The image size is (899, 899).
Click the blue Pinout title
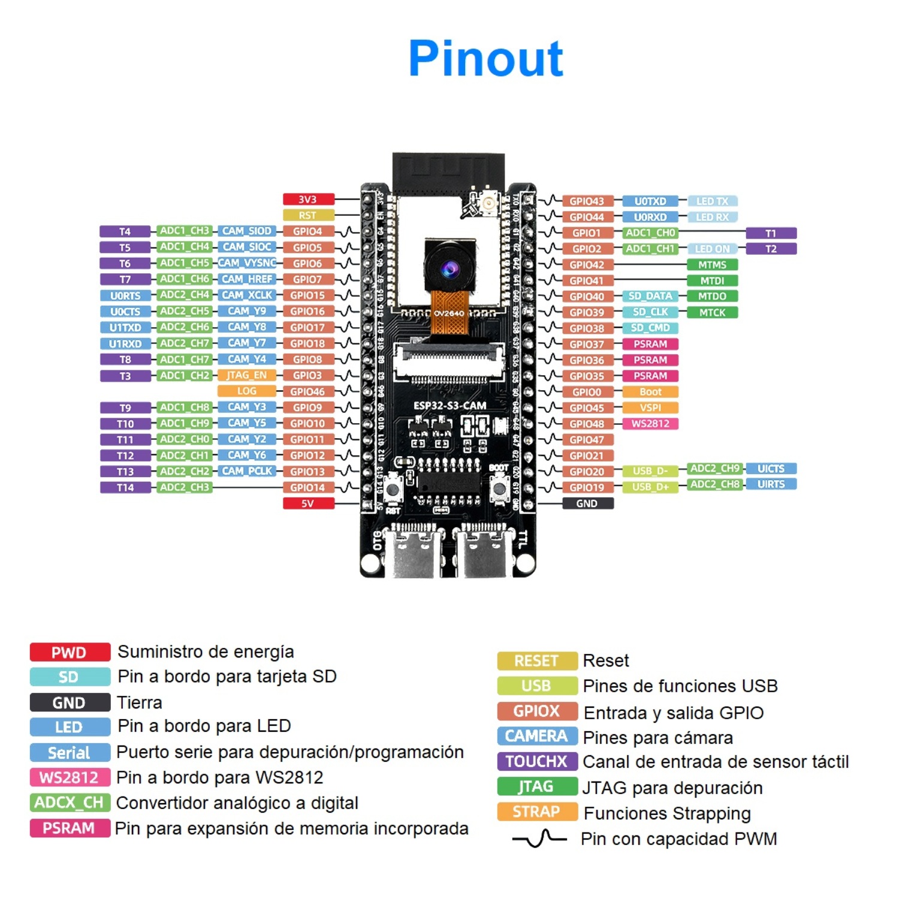[485, 59]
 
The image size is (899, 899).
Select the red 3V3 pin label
[308, 200]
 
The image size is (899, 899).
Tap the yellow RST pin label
[308, 215]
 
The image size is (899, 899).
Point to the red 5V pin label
[308, 503]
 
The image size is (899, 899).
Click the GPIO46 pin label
[308, 391]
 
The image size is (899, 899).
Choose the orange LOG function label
[246, 391]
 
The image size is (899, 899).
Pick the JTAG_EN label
[246, 375]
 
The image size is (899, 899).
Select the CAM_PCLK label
[246, 471]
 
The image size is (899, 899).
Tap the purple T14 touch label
[125, 487]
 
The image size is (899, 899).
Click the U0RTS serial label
[125, 295]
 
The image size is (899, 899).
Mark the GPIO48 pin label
[587, 424]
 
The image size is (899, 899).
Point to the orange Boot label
[650, 392]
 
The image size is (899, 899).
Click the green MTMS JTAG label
[712, 264]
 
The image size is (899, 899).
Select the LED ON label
[712, 249]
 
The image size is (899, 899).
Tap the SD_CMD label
[650, 328]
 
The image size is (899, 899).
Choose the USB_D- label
[650, 471]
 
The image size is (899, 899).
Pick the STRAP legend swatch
[537, 811]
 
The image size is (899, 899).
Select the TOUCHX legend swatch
[537, 761]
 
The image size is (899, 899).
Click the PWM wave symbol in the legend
[539, 838]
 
